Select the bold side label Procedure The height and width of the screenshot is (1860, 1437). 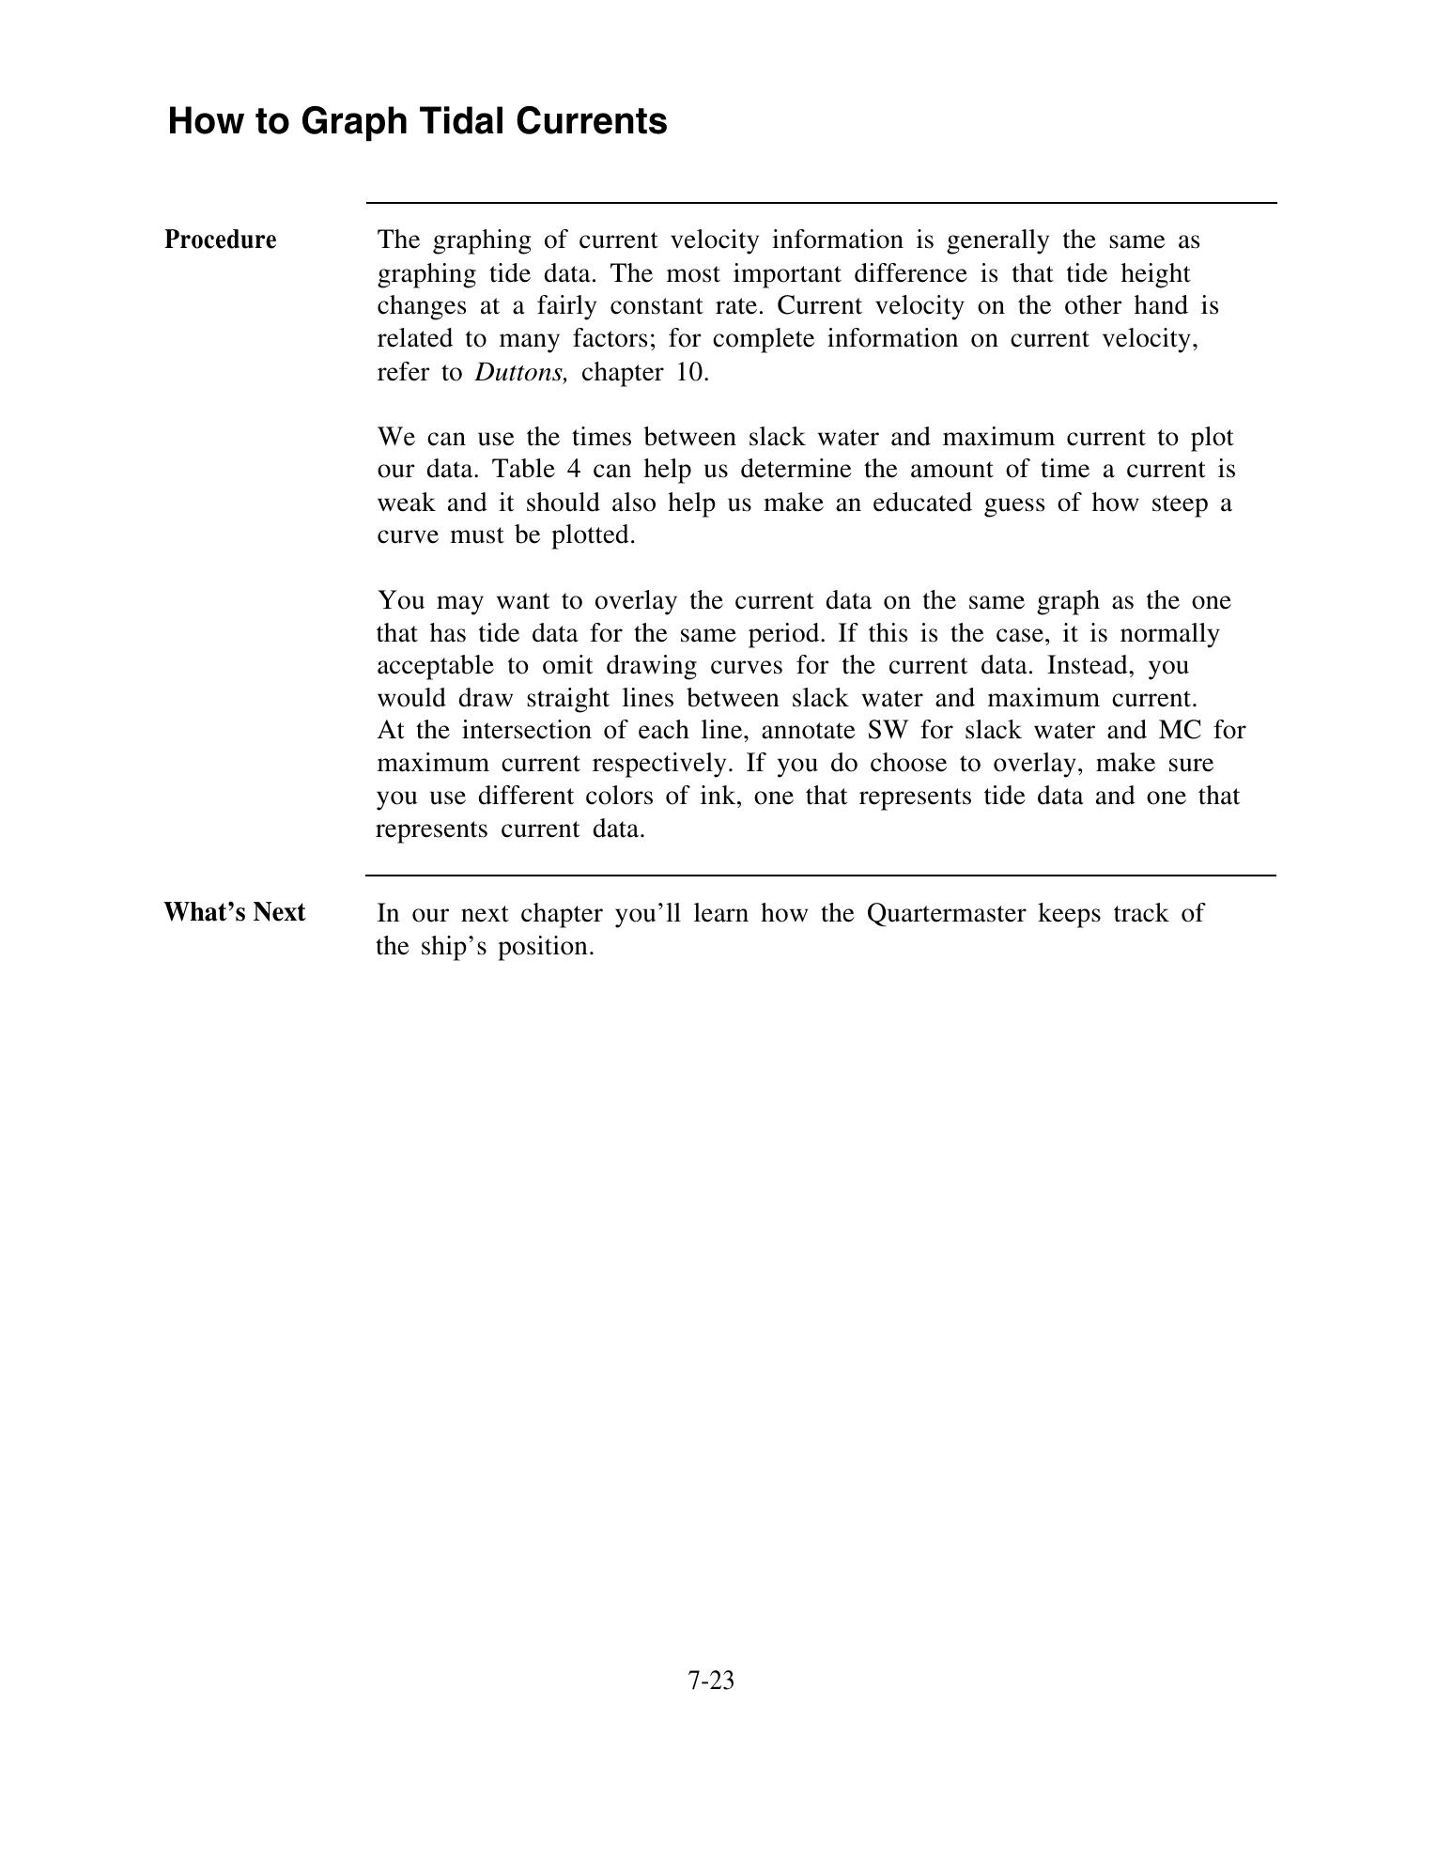tap(221, 240)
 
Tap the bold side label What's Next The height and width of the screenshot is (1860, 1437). tap(235, 913)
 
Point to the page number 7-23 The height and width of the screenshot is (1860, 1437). tap(711, 1680)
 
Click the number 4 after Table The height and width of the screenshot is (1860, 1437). tap(573, 470)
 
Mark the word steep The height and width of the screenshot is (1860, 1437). tap(1179, 504)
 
